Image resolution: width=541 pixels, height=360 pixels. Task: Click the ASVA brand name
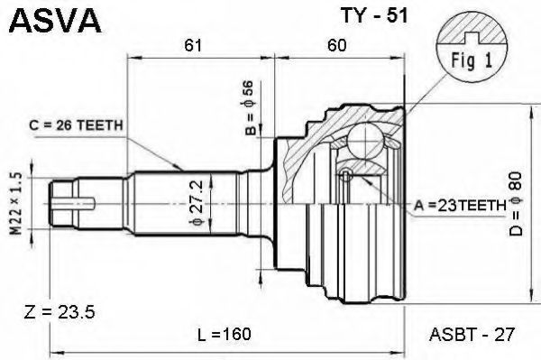[55, 21]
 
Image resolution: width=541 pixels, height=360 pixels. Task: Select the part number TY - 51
[374, 14]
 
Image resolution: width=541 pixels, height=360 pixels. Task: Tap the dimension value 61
[193, 44]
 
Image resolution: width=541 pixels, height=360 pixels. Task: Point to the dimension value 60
[336, 44]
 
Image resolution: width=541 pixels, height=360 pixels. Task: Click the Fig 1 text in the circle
[472, 60]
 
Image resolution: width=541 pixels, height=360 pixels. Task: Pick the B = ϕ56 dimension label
[250, 107]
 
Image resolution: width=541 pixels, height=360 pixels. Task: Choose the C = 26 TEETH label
[76, 125]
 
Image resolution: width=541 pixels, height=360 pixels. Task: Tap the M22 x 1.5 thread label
[15, 204]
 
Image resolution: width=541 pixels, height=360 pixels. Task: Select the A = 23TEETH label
[460, 206]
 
